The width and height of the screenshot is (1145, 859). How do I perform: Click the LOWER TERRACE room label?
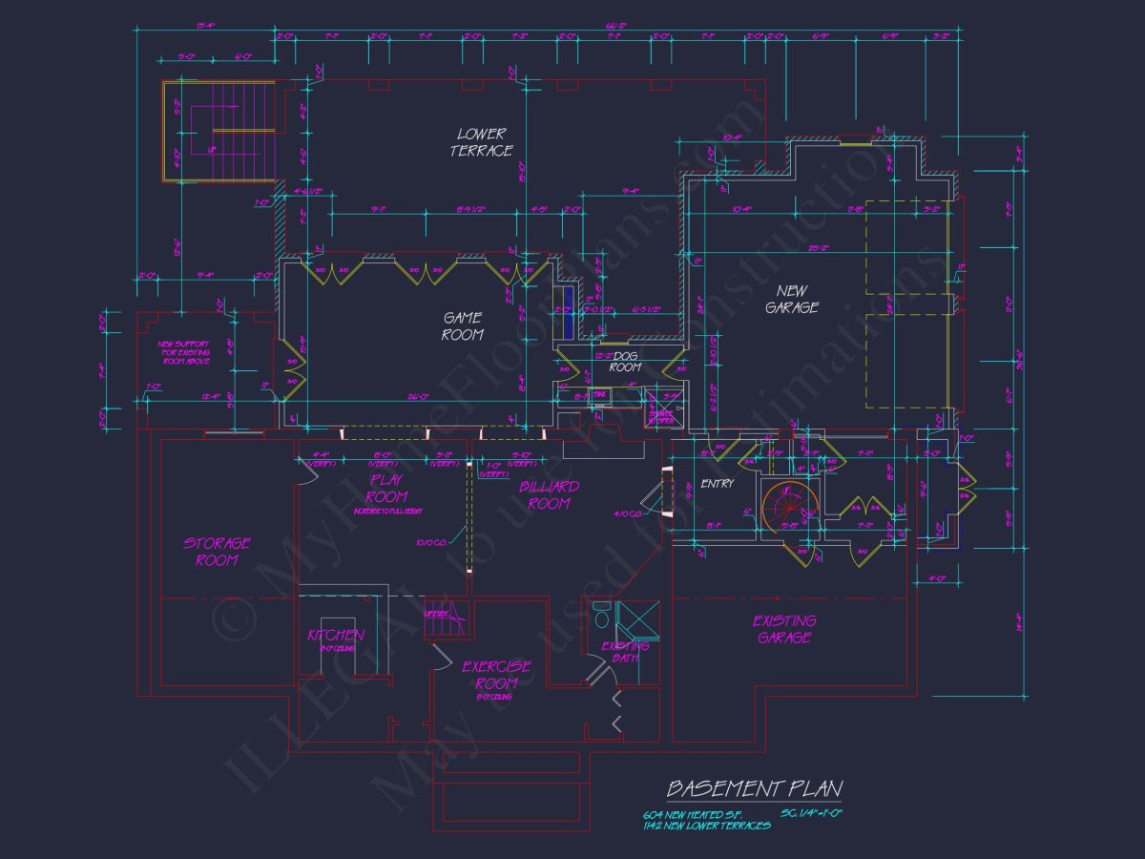[x=482, y=142]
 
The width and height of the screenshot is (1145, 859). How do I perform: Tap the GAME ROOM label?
[x=463, y=325]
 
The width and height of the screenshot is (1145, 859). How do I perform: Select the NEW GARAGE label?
[x=792, y=299]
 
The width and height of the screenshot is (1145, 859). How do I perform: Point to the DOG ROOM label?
[x=625, y=362]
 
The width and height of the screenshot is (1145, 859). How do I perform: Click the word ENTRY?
[x=718, y=484]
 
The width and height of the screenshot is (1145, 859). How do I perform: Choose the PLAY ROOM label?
[x=387, y=488]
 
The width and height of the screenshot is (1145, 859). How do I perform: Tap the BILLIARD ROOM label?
[x=549, y=494]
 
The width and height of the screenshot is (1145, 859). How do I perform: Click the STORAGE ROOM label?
[x=217, y=552]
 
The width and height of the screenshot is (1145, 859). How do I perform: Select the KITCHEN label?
[x=335, y=636]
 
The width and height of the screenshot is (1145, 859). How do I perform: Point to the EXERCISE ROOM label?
[x=496, y=675]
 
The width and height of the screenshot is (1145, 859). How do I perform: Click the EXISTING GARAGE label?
[x=784, y=628]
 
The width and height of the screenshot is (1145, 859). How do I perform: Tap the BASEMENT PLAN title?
[x=754, y=788]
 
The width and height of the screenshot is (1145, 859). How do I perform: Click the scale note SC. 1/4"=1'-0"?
[x=813, y=813]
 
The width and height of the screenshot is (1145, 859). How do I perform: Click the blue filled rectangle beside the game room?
[x=569, y=311]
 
